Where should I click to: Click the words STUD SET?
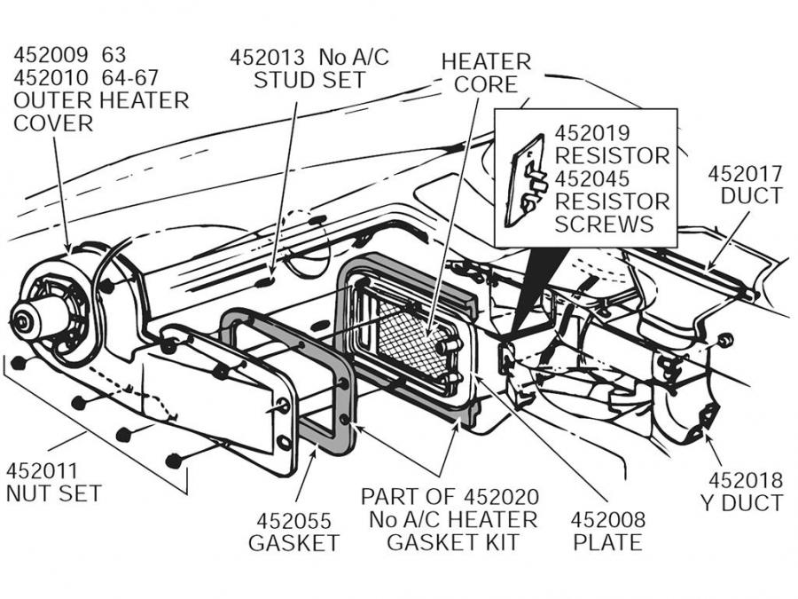[309, 80]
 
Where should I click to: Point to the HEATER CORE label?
[486, 73]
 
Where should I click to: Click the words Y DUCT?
[741, 504]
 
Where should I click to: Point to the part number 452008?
[607, 520]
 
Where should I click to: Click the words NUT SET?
[53, 493]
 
